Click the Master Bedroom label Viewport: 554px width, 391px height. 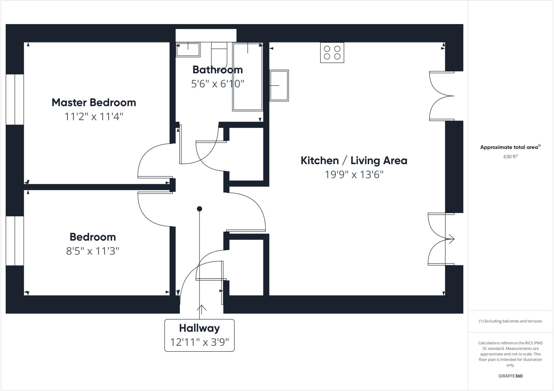(x=94, y=102)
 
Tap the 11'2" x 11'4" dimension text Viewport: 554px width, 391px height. (x=94, y=117)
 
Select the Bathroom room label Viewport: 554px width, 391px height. (x=217, y=70)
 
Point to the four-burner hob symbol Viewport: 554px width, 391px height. (x=332, y=53)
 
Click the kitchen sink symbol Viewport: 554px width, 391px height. (x=279, y=85)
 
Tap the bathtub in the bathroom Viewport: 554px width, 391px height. (x=248, y=77)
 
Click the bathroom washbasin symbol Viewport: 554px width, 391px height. (x=188, y=49)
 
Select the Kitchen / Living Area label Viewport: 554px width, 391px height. (x=354, y=161)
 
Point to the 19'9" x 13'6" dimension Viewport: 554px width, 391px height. (x=354, y=175)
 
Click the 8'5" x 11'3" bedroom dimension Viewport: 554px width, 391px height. (x=93, y=251)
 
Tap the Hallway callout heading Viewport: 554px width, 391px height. (x=199, y=328)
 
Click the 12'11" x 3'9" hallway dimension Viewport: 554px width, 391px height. (x=199, y=342)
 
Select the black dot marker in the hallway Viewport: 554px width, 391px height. (x=199, y=209)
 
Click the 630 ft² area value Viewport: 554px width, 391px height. (x=510, y=157)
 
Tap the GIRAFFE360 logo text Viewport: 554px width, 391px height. (x=510, y=376)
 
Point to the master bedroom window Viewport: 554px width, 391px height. (x=15, y=100)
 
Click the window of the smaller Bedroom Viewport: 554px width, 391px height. (x=15, y=241)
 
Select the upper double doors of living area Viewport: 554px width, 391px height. (x=441, y=96)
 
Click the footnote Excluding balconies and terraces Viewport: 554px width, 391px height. (x=510, y=321)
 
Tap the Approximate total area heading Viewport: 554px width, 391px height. (x=510, y=147)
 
